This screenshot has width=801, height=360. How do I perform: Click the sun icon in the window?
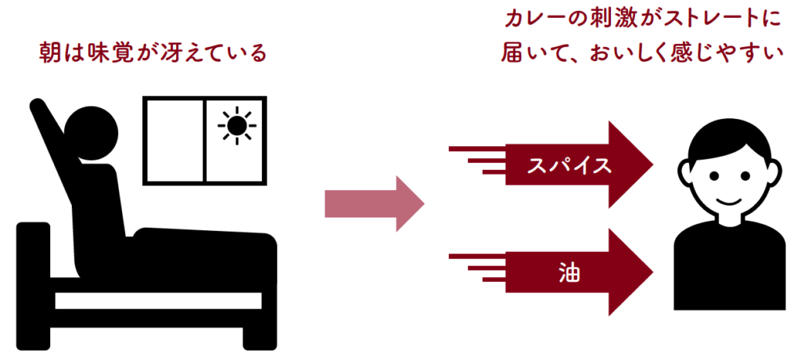point(236,125)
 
